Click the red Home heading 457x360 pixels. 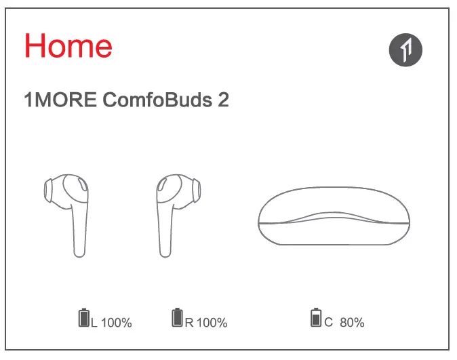pos(68,45)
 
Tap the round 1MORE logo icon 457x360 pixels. pos(405,49)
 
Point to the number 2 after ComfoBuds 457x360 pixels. pos(223,100)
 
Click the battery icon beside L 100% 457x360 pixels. pos(84,317)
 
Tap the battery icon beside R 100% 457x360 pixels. pos(178,317)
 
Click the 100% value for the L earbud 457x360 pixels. pos(116,323)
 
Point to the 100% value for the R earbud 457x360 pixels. pos(212,323)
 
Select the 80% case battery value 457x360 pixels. pos(352,323)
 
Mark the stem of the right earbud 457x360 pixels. pos(165,234)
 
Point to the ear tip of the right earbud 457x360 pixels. pos(193,189)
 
